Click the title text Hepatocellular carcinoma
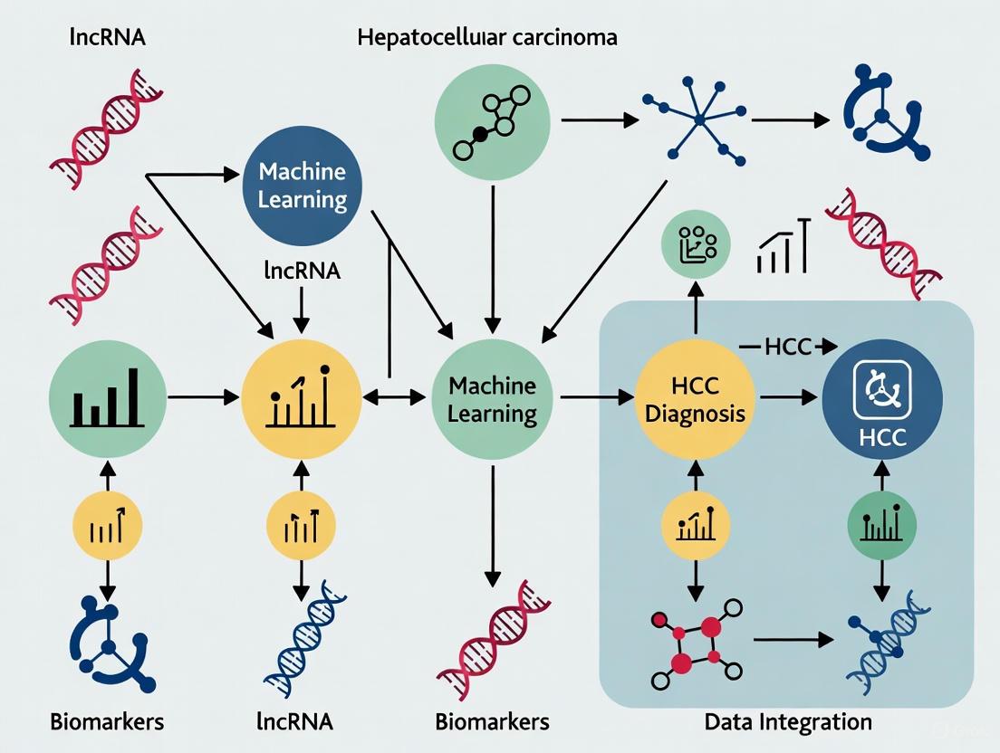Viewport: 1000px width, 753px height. pyautogui.click(x=487, y=38)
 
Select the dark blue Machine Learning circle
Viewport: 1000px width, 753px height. pyautogui.click(x=303, y=185)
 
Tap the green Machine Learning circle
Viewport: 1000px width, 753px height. pyautogui.click(x=492, y=399)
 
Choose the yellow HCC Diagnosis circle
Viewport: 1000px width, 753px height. pyautogui.click(x=696, y=399)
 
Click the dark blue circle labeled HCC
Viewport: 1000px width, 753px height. pyautogui.click(x=881, y=399)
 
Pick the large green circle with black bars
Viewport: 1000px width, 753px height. pyautogui.click(x=107, y=396)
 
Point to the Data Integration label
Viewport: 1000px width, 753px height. pyautogui.click(x=787, y=721)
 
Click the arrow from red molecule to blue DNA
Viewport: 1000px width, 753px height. pyautogui.click(x=793, y=640)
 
